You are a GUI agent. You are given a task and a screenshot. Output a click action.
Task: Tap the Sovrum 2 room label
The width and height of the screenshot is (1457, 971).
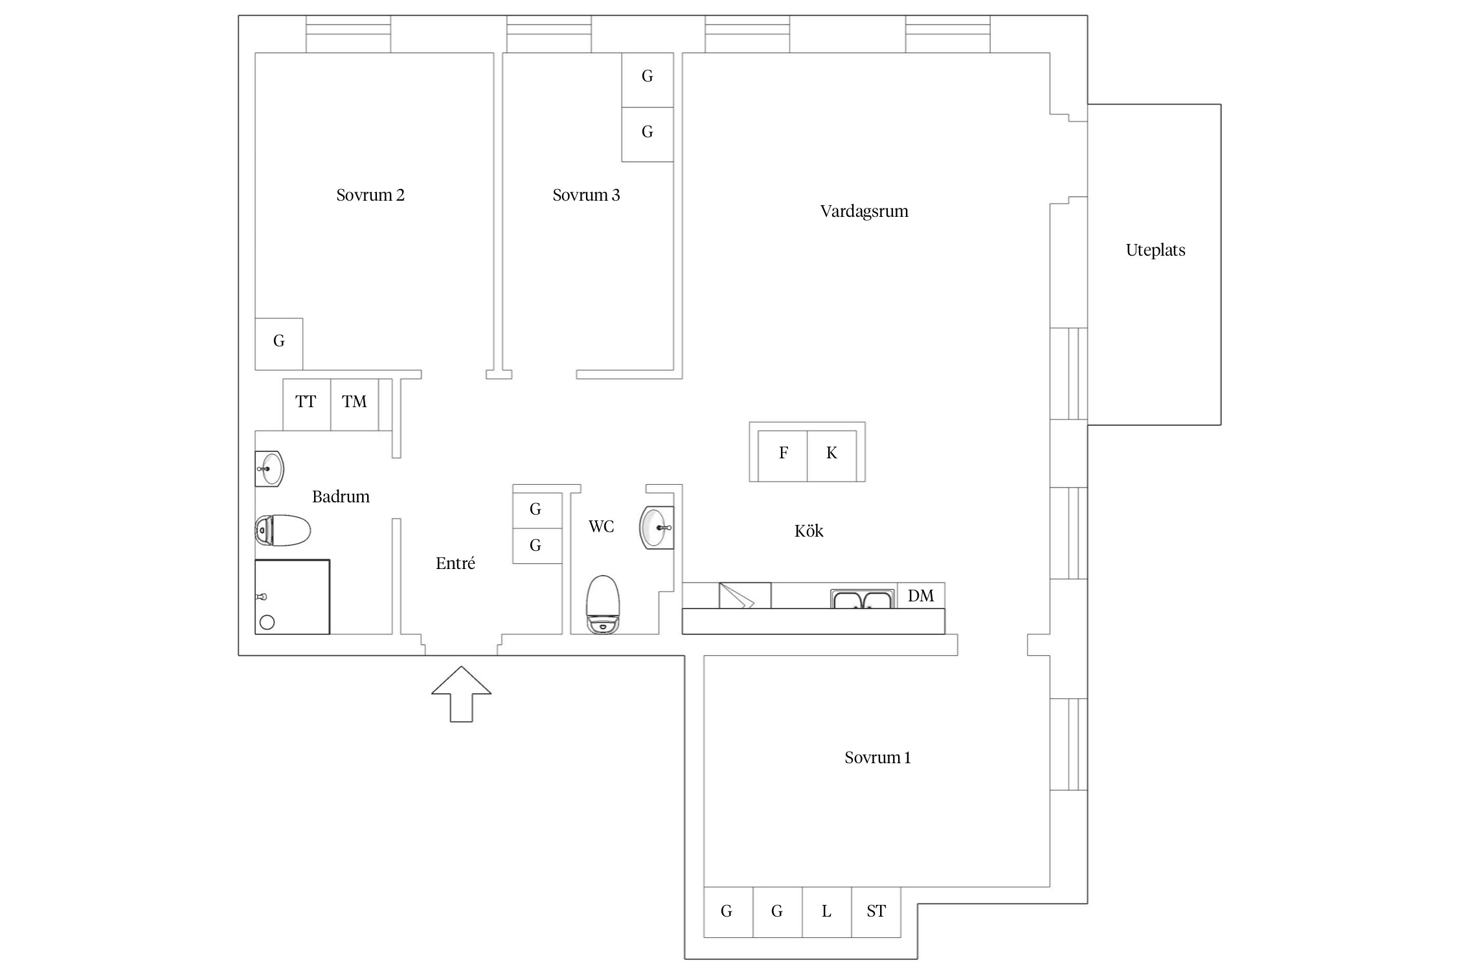370,195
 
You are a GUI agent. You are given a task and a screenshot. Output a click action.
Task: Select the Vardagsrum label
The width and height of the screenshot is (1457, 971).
864,211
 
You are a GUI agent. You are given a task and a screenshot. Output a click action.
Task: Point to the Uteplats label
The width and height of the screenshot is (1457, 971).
1155,251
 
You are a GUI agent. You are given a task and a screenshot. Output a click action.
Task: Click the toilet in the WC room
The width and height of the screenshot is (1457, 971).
602,605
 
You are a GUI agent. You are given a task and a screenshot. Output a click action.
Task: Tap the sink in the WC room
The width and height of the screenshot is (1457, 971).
656,528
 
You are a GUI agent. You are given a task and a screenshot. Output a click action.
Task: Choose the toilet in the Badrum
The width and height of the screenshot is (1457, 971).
283,530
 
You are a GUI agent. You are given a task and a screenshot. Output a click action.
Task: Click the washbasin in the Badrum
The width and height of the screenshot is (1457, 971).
269,469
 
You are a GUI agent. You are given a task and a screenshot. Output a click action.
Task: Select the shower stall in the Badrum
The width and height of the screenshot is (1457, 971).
292,597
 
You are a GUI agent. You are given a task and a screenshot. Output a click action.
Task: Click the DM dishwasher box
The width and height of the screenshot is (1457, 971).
921,596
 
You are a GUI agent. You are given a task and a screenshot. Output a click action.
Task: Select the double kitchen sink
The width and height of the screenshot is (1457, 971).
863,599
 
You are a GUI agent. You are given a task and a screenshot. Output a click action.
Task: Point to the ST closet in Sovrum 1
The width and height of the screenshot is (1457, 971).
875,912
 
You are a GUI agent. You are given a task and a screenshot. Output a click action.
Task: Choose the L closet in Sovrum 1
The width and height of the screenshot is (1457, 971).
826,912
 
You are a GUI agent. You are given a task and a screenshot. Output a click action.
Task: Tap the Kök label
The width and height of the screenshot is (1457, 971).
809,531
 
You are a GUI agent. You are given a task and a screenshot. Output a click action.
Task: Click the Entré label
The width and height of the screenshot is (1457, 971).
455,564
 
